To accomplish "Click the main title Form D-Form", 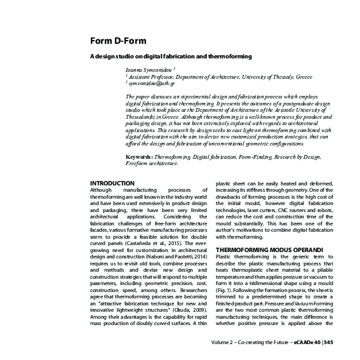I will point(119,42).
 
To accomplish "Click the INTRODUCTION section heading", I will point(113,183).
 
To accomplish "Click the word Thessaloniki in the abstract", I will point(143,117).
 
